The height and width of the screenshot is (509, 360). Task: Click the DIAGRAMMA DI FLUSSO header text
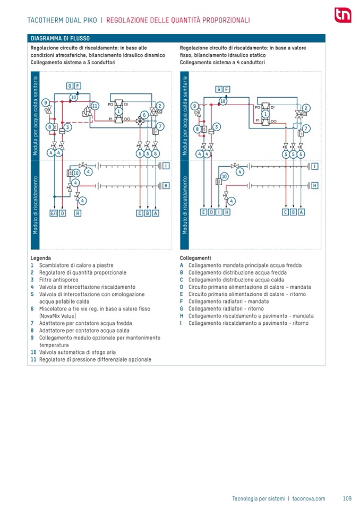(60, 39)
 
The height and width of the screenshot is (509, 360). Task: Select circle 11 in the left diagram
(95, 106)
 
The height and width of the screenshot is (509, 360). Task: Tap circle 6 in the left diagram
(144, 115)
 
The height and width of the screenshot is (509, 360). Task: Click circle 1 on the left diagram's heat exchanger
(118, 111)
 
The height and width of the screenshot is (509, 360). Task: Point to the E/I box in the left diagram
(54, 213)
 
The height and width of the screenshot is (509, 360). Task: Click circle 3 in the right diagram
(217, 126)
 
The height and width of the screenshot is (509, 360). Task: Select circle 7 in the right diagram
(306, 128)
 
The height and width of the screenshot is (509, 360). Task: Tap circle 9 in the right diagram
(195, 106)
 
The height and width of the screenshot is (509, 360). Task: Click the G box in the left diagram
(70, 85)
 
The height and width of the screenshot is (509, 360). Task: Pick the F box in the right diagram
(227, 89)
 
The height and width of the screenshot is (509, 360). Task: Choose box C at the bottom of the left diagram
(140, 213)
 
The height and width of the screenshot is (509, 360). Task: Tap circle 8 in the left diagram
(48, 127)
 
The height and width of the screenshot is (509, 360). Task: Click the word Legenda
(41, 258)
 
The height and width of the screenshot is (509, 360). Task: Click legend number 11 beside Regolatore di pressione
(33, 359)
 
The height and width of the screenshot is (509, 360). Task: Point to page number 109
(347, 498)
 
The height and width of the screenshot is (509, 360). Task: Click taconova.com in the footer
(308, 498)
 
